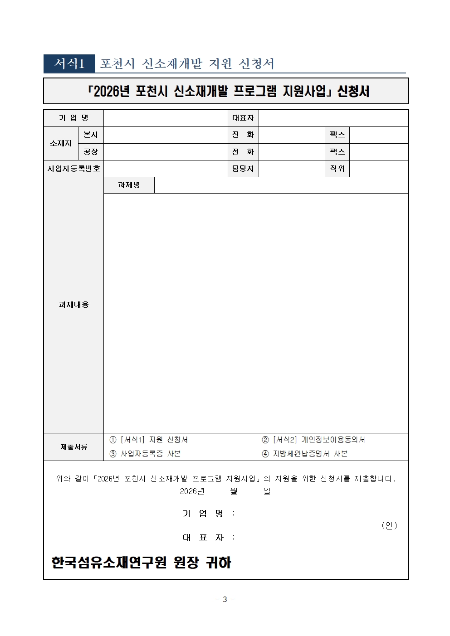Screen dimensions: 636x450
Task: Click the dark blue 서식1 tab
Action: click(69, 63)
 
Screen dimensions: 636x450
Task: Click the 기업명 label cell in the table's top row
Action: click(73, 118)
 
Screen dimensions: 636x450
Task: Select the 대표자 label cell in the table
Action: click(243, 118)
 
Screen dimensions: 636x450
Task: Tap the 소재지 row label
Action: click(61, 143)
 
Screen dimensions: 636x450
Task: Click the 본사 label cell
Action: click(91, 135)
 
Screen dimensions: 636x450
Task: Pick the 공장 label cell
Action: click(91, 151)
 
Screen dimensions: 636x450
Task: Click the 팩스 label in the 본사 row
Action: click(337, 135)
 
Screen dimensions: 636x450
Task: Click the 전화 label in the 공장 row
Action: click(243, 151)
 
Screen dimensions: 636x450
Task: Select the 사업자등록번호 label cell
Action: click(73, 169)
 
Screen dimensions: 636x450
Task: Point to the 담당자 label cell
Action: click(243, 169)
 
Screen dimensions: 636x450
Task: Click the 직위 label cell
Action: click(337, 169)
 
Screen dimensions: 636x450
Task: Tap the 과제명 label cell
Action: click(129, 185)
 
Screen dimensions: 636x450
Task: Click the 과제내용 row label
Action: click(73, 305)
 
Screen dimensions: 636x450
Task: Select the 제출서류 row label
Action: click(73, 447)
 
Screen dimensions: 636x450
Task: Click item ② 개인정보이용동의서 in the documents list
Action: click(313, 440)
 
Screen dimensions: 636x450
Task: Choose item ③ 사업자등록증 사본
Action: click(145, 453)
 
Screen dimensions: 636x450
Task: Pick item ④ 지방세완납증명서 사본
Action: click(305, 453)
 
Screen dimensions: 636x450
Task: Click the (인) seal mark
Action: click(389, 525)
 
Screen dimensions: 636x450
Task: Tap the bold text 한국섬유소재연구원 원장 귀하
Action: click(141, 563)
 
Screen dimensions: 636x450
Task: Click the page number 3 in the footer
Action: click(225, 599)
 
